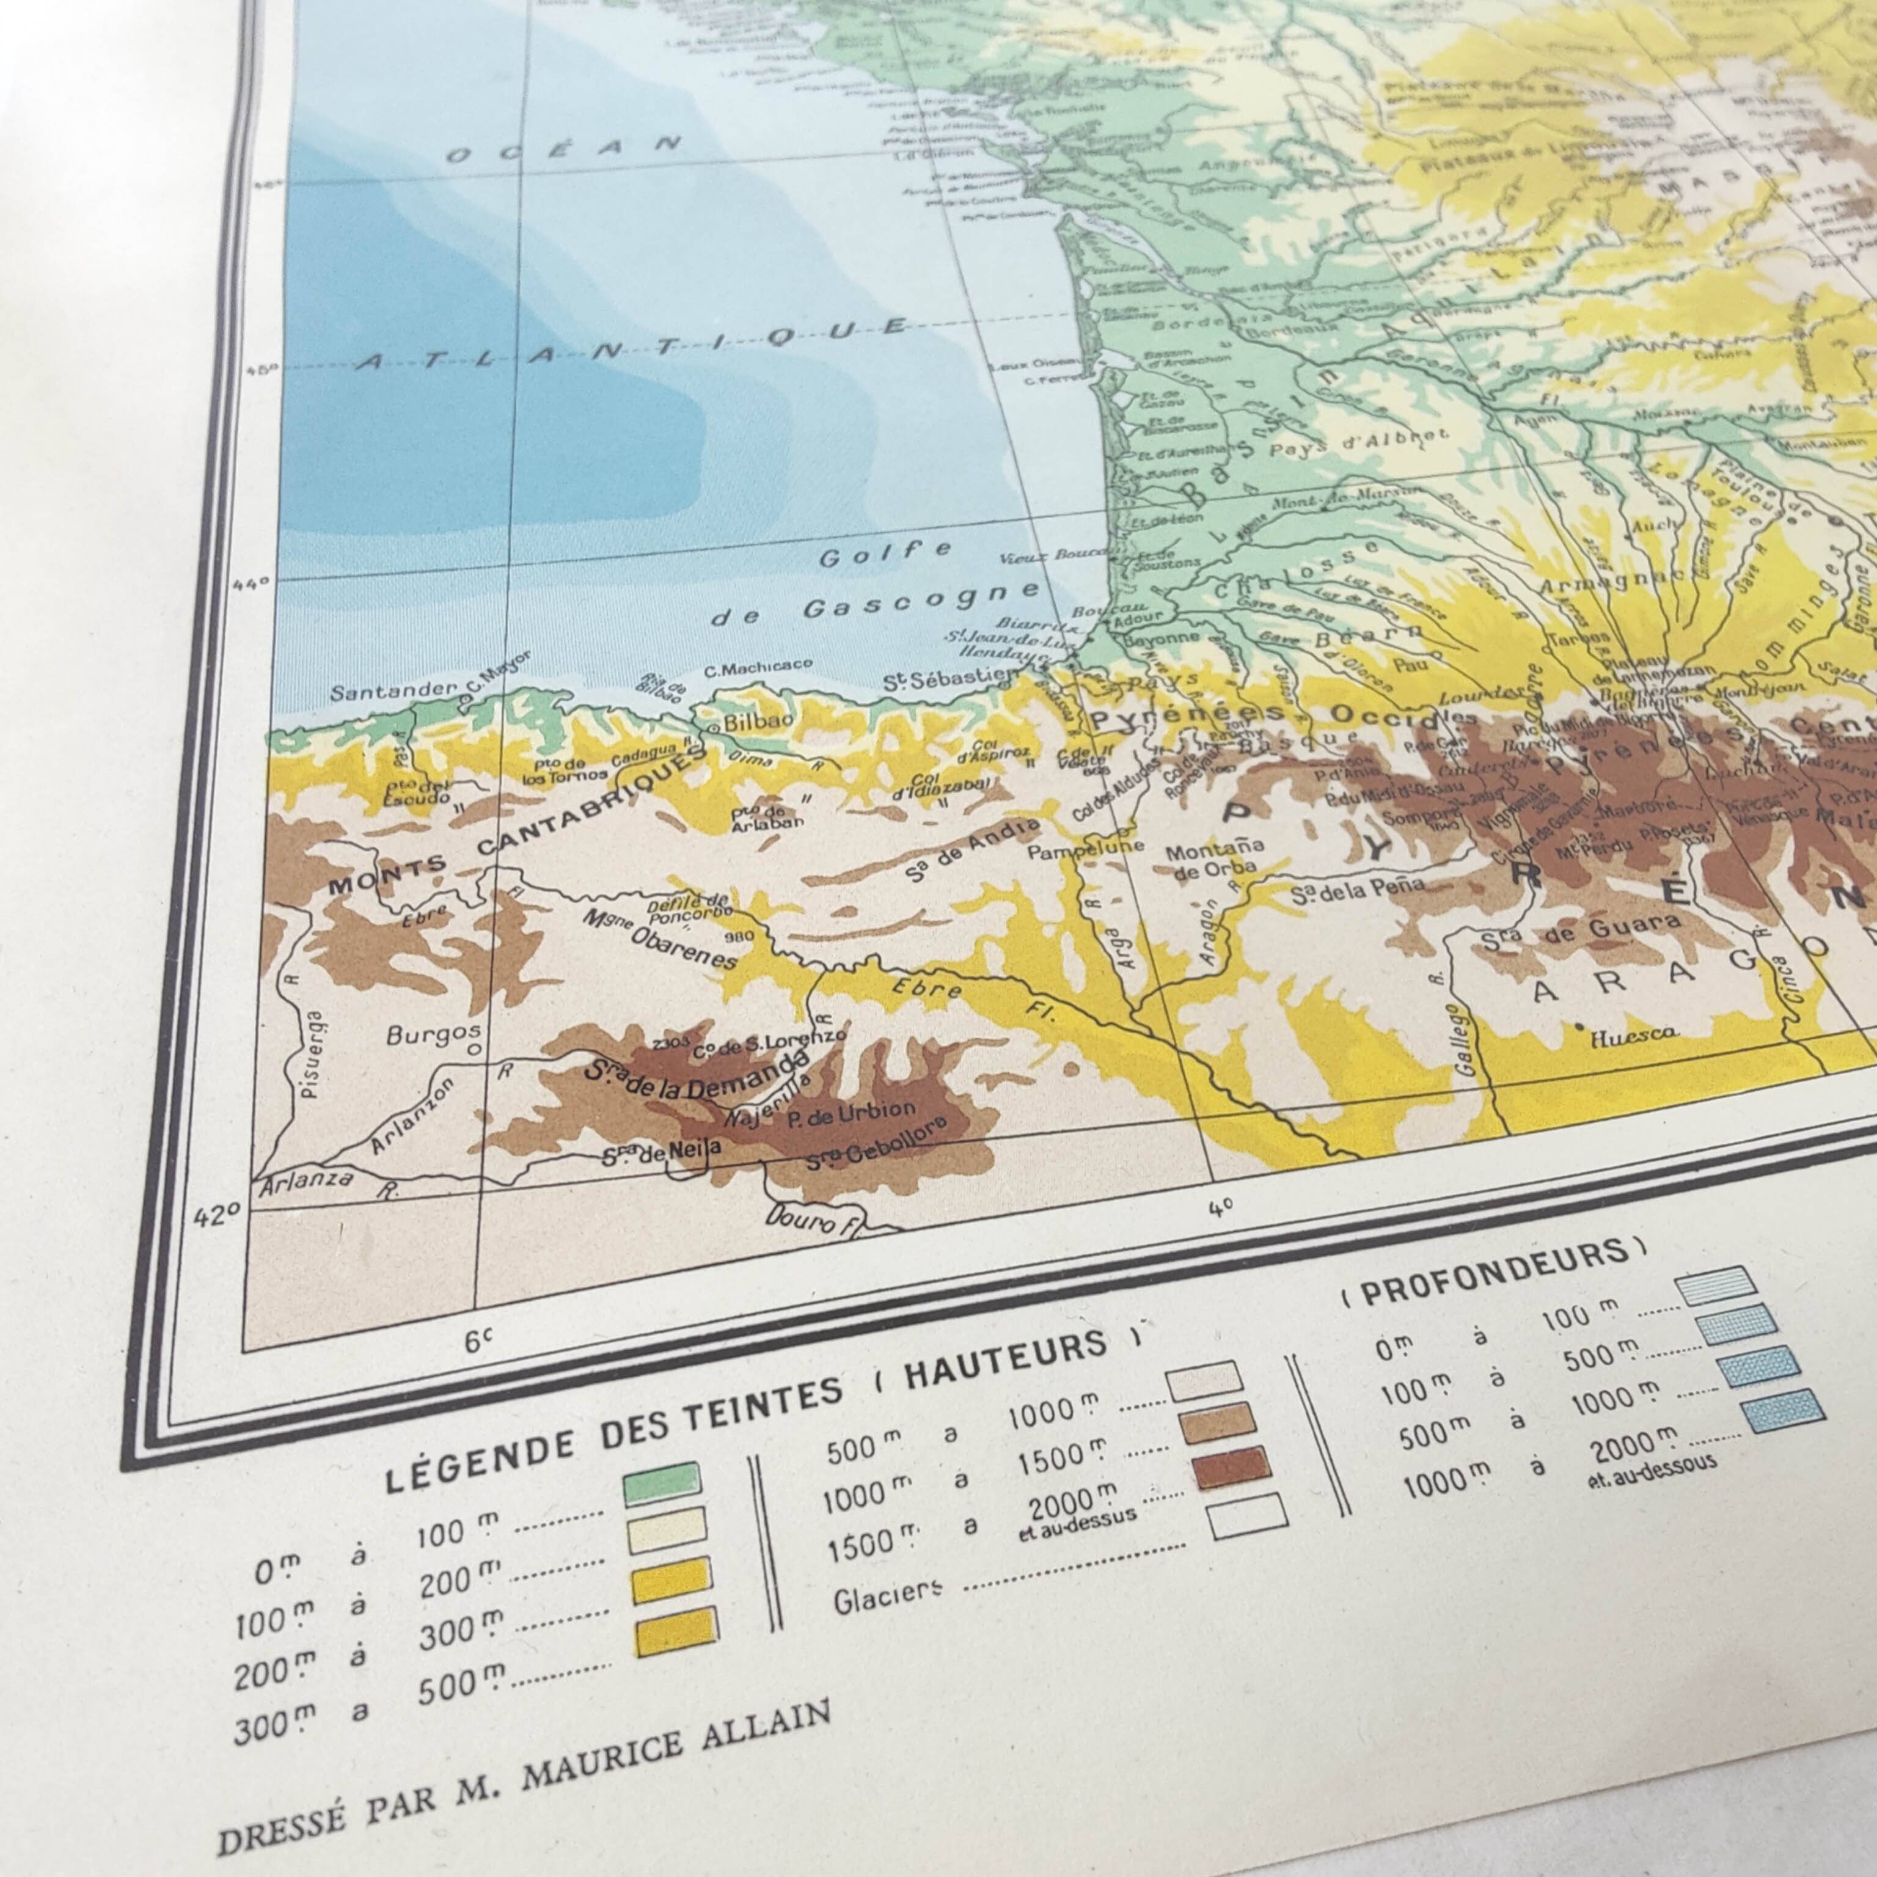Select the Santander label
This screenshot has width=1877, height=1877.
(x=392, y=692)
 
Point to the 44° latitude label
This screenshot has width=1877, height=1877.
(x=251, y=583)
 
